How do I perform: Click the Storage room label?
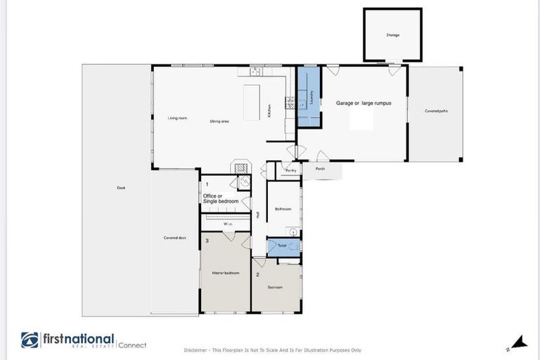pos(392,34)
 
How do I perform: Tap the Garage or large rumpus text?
pos(363,103)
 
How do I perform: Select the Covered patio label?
pos(436,111)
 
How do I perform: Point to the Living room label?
pos(177,118)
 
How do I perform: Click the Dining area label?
pos(219,121)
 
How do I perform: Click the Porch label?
pos(320,169)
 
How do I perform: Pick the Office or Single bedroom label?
pos(221,198)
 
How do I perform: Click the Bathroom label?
pos(283,209)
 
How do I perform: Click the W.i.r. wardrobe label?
pos(227,224)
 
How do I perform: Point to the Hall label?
pos(258,214)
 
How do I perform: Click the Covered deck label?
pos(174,238)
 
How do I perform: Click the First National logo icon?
pos(30,340)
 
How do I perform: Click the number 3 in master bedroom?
pos(207,240)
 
